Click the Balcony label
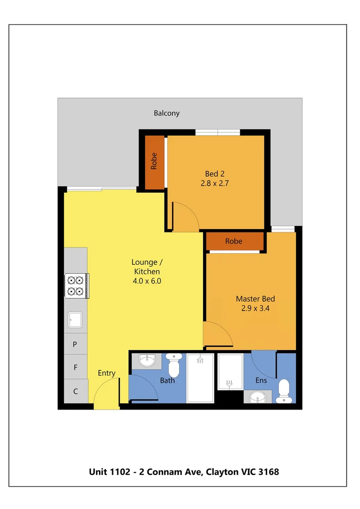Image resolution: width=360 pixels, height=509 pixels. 166,113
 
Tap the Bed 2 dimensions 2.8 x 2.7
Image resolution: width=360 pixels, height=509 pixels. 214,183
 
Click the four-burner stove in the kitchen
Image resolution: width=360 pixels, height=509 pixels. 76,286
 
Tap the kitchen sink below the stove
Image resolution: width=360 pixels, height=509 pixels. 75,320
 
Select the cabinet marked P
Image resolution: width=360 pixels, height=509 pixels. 75,345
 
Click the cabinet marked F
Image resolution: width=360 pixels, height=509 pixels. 75,367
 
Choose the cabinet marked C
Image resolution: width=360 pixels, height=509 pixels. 75,391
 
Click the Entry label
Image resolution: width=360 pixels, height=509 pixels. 106,373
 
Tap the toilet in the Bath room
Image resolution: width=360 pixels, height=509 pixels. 174,366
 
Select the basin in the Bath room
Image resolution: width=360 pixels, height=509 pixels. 147,361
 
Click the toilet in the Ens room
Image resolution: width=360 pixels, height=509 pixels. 284,391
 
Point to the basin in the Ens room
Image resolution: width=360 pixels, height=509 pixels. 258,397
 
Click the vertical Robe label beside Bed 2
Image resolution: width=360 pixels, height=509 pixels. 154,162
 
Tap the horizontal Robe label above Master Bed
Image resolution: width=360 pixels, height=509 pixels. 233,241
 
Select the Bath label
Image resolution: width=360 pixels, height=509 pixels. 167,380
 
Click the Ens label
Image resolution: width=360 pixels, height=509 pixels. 261,380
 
